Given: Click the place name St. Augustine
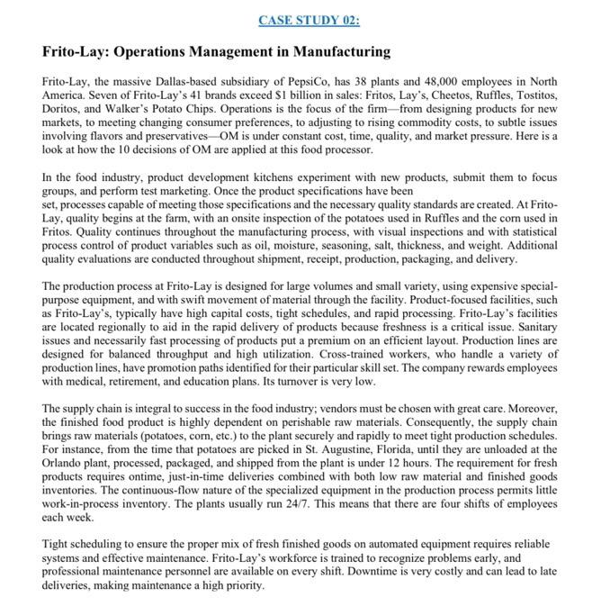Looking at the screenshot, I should pos(392,449).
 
